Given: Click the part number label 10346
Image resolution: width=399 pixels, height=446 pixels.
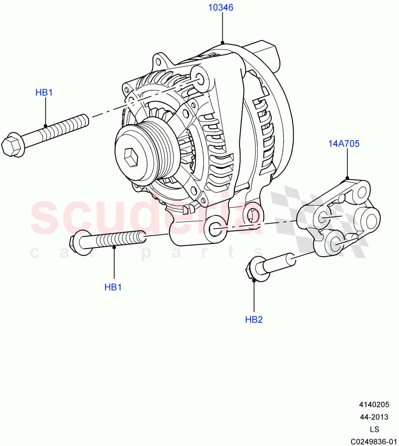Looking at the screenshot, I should click(221, 7).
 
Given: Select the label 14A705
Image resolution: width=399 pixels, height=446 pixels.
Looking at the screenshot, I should click(344, 144).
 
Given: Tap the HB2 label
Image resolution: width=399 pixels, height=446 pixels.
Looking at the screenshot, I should click(254, 320).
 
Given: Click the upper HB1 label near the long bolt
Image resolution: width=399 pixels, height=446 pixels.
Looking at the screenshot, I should click(44, 93).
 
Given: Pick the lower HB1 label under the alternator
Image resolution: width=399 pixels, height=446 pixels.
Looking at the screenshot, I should click(113, 287).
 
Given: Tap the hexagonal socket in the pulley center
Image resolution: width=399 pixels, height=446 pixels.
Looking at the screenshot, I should click(131, 157).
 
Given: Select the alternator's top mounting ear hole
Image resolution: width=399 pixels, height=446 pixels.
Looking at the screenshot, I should click(199, 78).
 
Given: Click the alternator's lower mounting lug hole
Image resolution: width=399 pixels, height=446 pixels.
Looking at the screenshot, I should click(216, 229).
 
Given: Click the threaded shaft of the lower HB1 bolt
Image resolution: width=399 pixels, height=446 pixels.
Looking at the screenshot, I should click(119, 239).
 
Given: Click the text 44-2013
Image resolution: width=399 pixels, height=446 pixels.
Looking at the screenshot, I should click(374, 417).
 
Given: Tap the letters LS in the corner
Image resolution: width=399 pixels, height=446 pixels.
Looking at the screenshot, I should click(374, 429).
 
